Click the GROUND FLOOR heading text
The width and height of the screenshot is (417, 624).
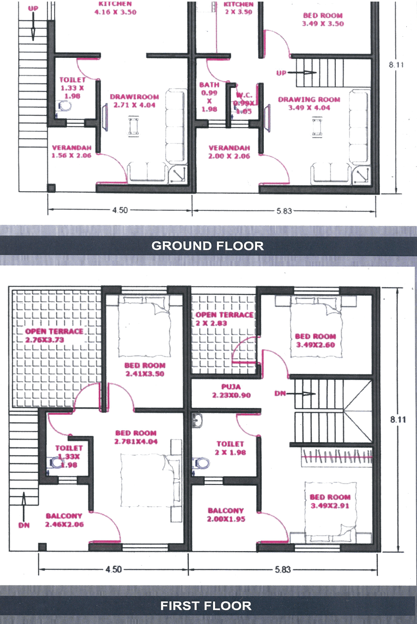coord(208,246)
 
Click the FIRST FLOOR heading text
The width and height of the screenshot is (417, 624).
coord(206,605)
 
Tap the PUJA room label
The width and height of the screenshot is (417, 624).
coord(224,391)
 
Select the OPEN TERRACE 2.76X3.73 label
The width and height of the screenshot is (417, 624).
coord(54,335)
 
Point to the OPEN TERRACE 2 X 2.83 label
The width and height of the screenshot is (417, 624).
coord(224,319)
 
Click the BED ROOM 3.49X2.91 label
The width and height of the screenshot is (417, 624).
coord(330,501)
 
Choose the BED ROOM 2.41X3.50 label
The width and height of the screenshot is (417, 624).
coord(144,369)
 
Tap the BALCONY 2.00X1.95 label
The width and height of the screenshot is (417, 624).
coord(226,514)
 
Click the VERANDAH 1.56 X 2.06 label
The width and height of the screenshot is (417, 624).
coord(72,152)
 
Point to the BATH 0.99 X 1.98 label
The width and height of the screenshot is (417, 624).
coord(209,97)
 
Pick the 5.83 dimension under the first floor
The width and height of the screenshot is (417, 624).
coord(283,569)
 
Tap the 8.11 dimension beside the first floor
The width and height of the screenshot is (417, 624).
coord(399,419)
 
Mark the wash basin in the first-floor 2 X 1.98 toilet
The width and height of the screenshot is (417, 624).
coord(197,420)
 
